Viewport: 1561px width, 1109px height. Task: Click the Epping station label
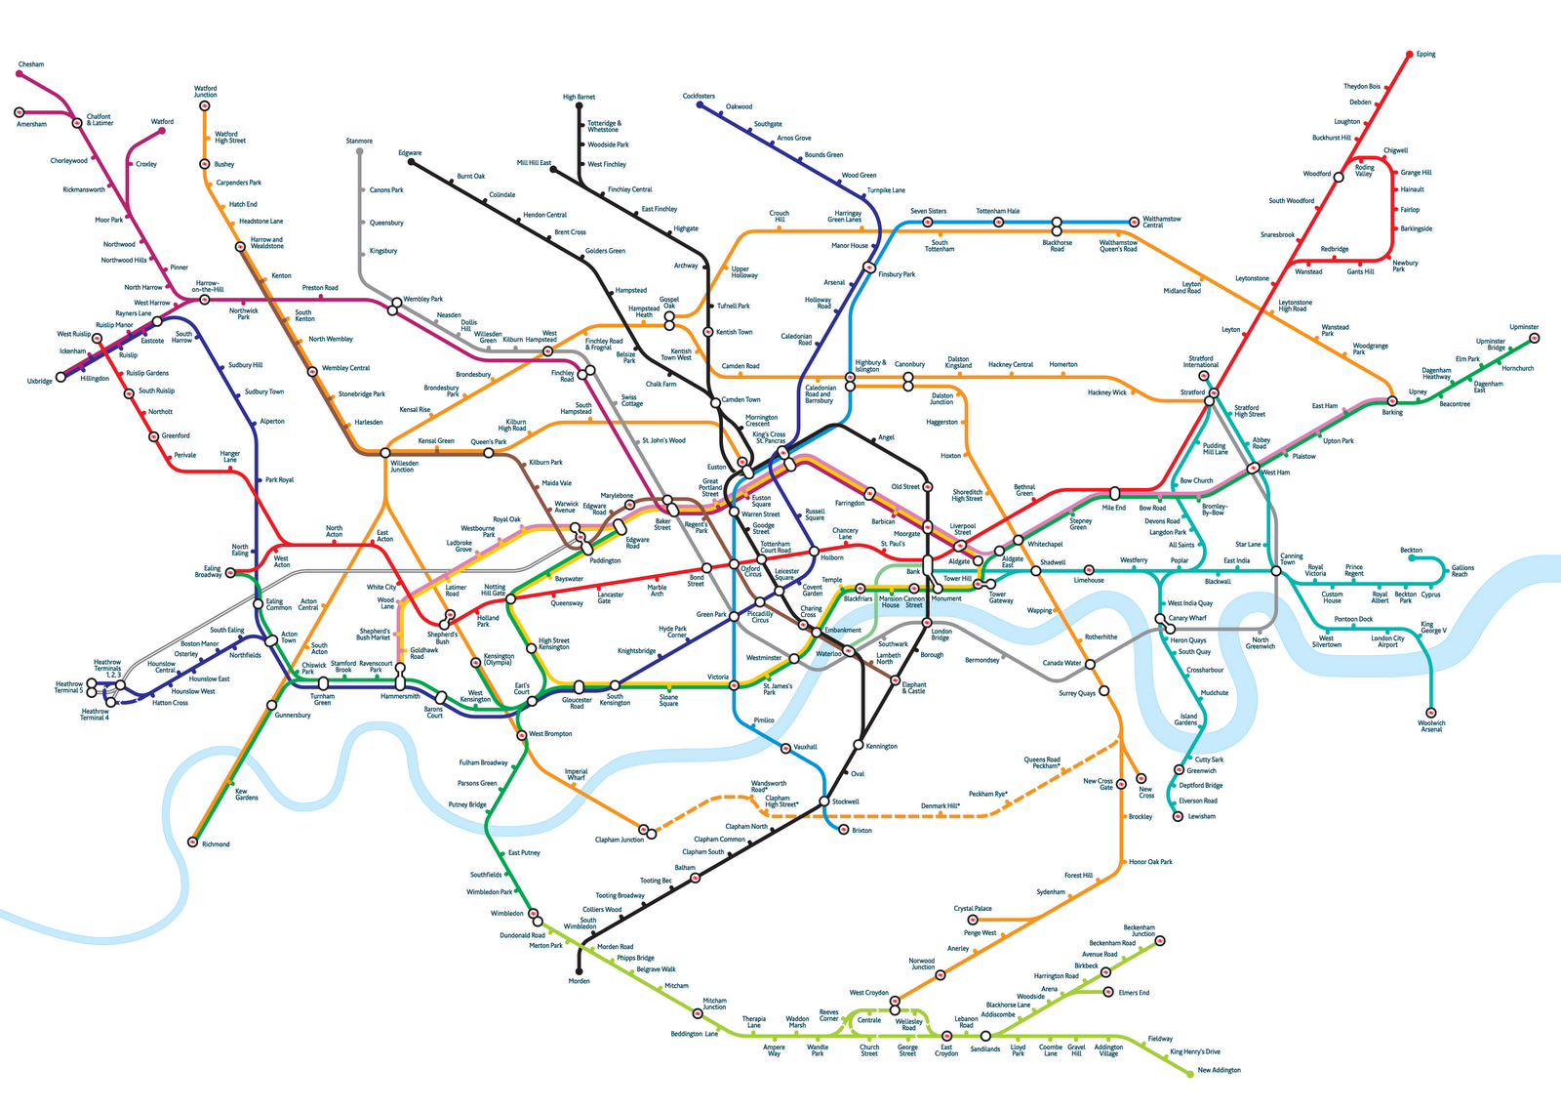pyautogui.click(x=1425, y=55)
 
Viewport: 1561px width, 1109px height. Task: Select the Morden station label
pyautogui.click(x=580, y=980)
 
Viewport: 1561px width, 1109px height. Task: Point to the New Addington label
pyautogui.click(x=1219, y=1070)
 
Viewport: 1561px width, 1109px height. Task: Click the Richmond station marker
pyautogui.click(x=193, y=842)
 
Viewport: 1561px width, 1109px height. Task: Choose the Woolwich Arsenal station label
pyautogui.click(x=1431, y=726)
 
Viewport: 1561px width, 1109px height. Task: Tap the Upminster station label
pyautogui.click(x=1523, y=327)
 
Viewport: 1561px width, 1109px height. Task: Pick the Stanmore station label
pyautogui.click(x=359, y=142)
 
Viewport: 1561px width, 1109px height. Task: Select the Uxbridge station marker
pyautogui.click(x=60, y=376)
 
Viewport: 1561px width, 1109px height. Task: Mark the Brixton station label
pyautogui.click(x=861, y=831)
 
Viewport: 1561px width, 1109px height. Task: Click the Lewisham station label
pyautogui.click(x=1202, y=816)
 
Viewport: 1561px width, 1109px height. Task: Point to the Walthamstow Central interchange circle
pyautogui.click(x=1134, y=222)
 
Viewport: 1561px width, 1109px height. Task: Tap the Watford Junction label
pyautogui.click(x=205, y=92)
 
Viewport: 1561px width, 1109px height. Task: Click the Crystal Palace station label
pyautogui.click(x=973, y=909)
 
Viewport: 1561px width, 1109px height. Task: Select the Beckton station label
pyautogui.click(x=1411, y=551)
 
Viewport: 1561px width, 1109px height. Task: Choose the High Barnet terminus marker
pyautogui.click(x=580, y=105)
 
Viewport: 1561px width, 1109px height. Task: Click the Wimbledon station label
pyautogui.click(x=507, y=914)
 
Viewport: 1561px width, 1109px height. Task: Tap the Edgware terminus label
pyautogui.click(x=410, y=153)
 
